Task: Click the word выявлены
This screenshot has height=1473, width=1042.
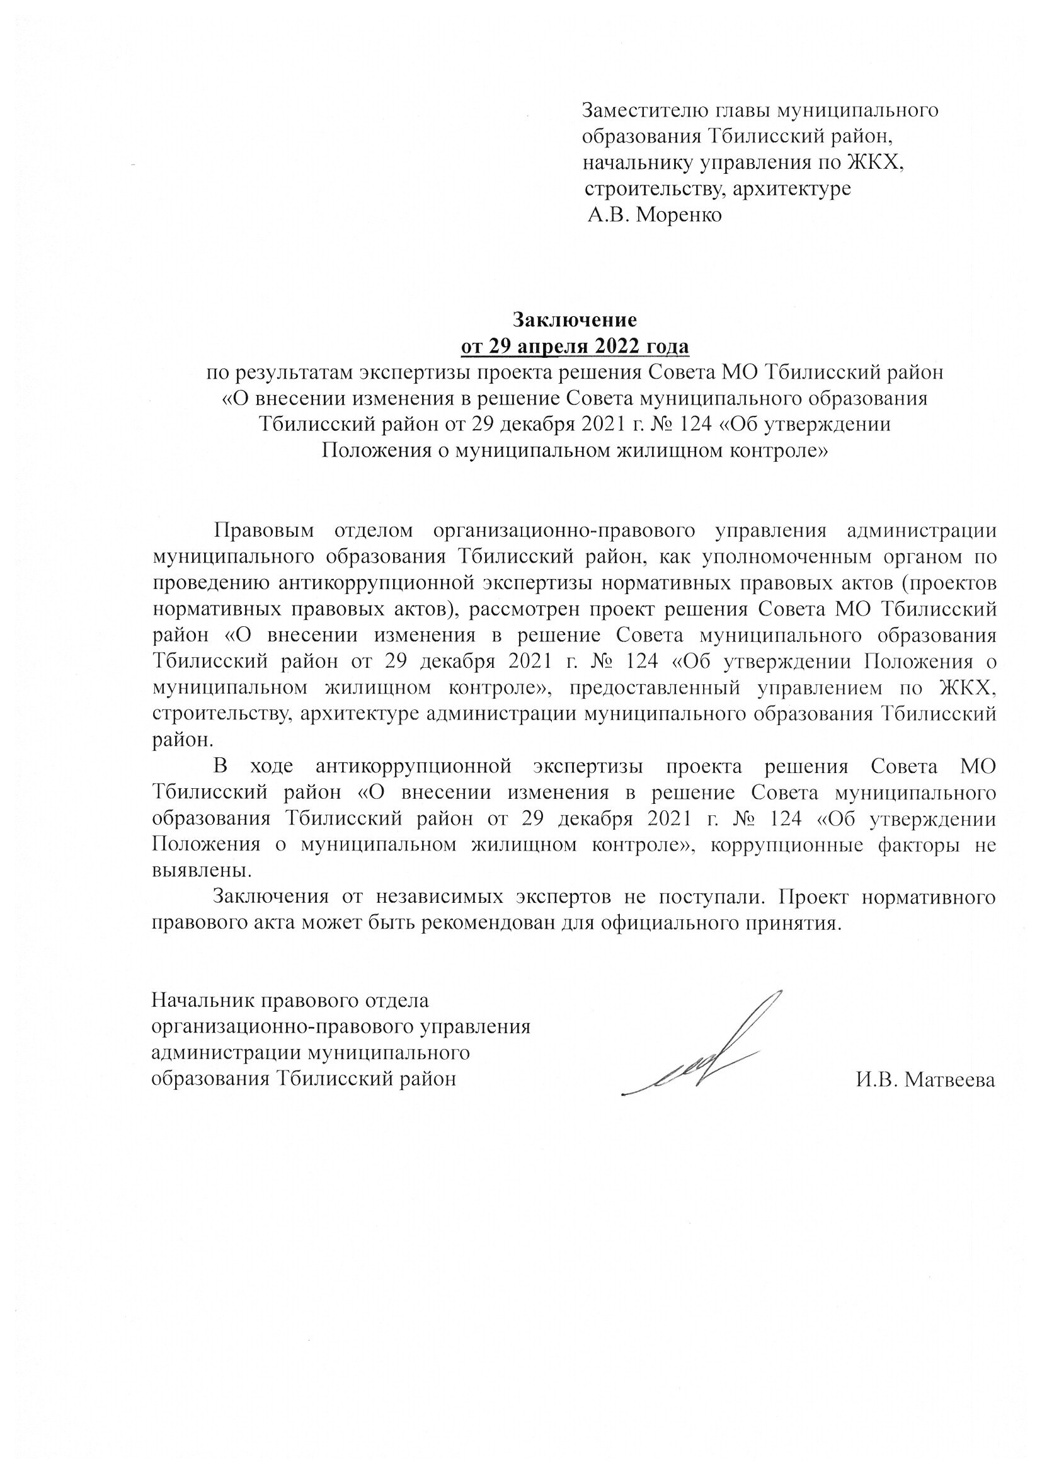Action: coord(200,871)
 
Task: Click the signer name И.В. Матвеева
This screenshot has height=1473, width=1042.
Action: coord(925,1080)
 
